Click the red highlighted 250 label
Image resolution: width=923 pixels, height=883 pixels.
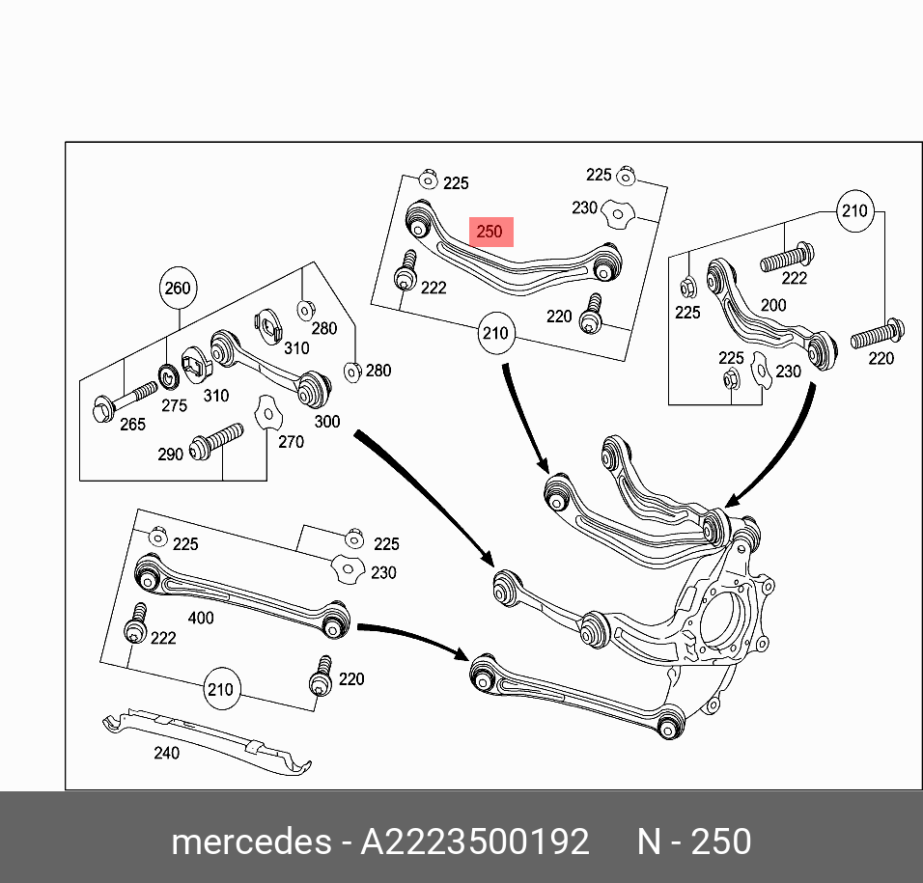pyautogui.click(x=489, y=232)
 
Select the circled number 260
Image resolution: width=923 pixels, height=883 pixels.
pyautogui.click(x=178, y=288)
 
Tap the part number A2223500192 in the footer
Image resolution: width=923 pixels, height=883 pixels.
pyautogui.click(x=474, y=842)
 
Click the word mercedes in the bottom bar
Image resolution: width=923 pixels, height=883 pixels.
pyautogui.click(x=250, y=842)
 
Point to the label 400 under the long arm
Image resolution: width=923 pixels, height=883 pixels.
pyautogui.click(x=201, y=618)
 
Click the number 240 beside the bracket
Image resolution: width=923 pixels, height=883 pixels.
pyautogui.click(x=166, y=753)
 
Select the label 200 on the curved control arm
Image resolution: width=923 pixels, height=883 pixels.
pyautogui.click(x=772, y=305)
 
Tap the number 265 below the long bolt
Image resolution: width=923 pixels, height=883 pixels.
pyautogui.click(x=131, y=424)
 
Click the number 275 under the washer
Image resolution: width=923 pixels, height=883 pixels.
pyautogui.click(x=174, y=405)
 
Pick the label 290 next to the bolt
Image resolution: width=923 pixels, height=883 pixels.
pyautogui.click(x=170, y=454)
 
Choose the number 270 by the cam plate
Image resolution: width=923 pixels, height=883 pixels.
pyautogui.click(x=291, y=442)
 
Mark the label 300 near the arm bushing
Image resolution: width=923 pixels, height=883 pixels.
pyautogui.click(x=327, y=421)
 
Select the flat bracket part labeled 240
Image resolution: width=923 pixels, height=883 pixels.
pyautogui.click(x=208, y=737)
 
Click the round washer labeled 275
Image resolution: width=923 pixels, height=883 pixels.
pyautogui.click(x=168, y=373)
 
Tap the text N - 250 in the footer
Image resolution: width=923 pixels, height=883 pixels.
pyautogui.click(x=693, y=842)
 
